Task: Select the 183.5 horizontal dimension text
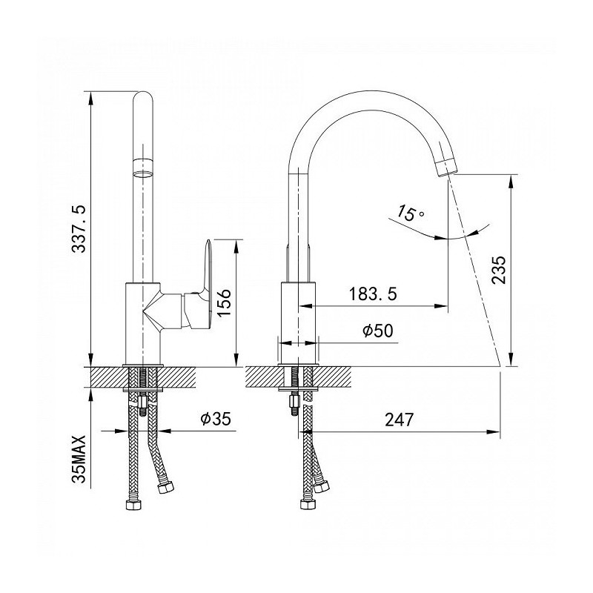[373, 294]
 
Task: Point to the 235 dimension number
[498, 269]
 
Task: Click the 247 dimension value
[400, 420]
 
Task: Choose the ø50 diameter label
[378, 331]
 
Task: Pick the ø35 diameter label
[216, 419]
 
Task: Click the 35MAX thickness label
[79, 460]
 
